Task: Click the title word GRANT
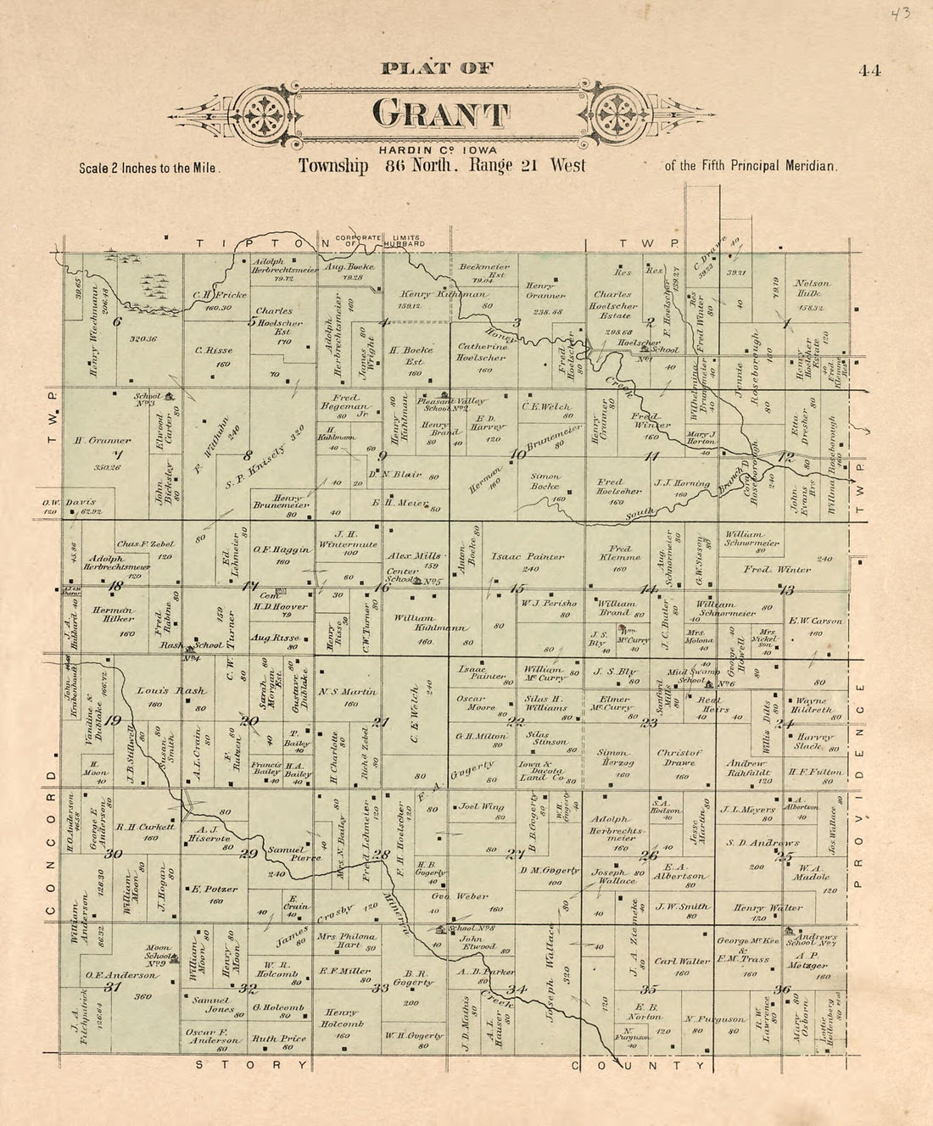click(x=440, y=115)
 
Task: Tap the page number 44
click(x=869, y=70)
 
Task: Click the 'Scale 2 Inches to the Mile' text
click(x=150, y=168)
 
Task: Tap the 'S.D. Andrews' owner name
click(x=763, y=843)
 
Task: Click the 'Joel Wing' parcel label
click(x=482, y=807)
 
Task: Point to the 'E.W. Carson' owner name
click(x=816, y=621)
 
